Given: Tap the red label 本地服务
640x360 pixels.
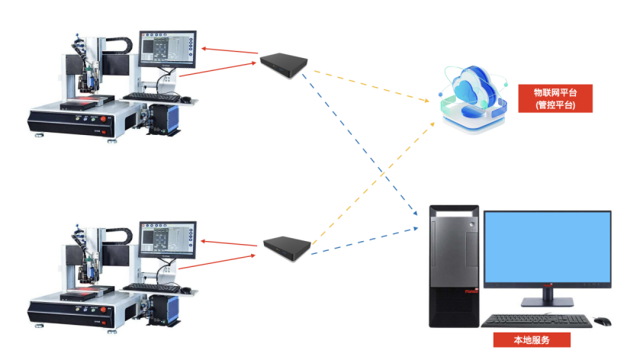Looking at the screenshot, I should [x=532, y=339].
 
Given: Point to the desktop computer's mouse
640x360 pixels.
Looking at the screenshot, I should [x=603, y=320].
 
